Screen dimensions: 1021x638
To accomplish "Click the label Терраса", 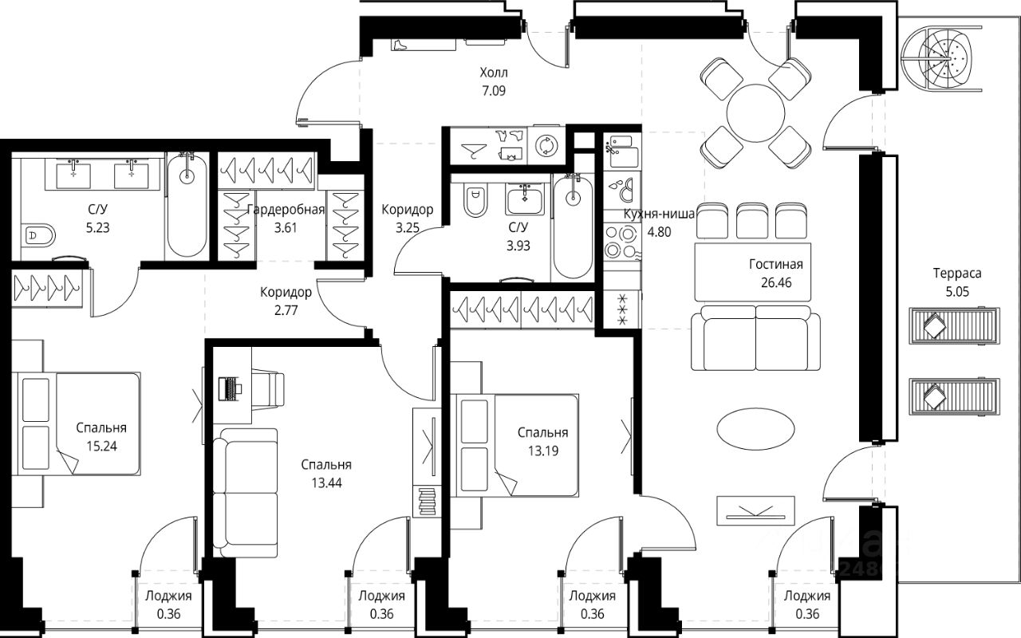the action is coord(957,273).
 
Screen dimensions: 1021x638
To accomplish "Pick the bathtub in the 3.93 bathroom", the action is coord(572,227).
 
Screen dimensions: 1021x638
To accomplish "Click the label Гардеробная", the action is coord(286,210).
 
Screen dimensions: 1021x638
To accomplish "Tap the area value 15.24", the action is coord(101,446).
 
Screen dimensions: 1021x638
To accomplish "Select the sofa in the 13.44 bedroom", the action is coord(248,492).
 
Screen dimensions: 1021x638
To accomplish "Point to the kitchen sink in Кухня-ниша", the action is coord(620,148).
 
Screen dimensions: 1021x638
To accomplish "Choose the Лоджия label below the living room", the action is coord(806,596).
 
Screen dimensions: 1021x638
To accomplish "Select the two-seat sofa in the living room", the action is coord(755,340).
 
